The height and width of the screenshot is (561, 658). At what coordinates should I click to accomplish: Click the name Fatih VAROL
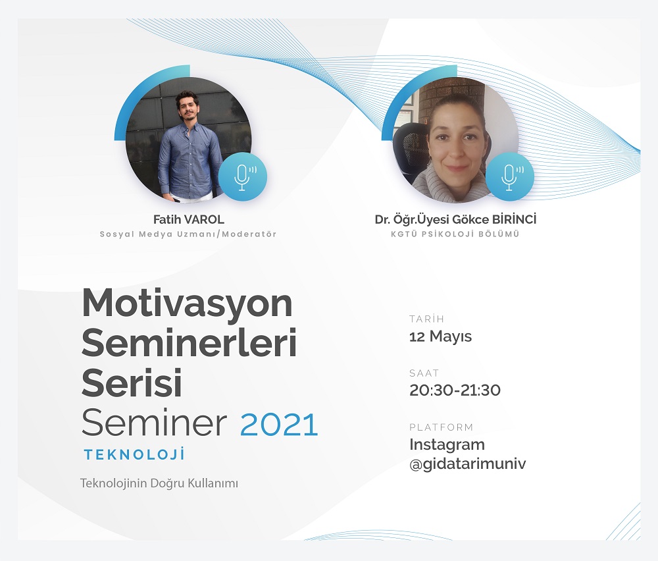(x=188, y=220)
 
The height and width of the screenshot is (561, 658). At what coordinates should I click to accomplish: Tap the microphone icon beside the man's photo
(x=243, y=176)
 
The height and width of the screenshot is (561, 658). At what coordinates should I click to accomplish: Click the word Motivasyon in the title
(x=187, y=304)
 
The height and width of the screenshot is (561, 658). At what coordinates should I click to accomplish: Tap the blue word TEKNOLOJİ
(x=134, y=454)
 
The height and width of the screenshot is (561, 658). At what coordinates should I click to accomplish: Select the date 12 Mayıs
(x=440, y=336)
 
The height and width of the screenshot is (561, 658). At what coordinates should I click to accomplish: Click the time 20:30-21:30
(x=455, y=390)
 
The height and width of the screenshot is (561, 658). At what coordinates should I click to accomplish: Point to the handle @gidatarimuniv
(x=467, y=464)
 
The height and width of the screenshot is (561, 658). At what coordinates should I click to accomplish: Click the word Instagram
(x=447, y=444)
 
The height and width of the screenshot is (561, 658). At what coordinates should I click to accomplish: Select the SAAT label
(x=424, y=373)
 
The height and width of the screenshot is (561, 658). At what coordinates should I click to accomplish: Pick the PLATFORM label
(x=441, y=427)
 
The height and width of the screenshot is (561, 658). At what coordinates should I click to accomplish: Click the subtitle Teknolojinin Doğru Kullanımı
(x=158, y=483)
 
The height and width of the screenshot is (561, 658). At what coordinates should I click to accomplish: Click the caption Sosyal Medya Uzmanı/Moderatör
(x=188, y=234)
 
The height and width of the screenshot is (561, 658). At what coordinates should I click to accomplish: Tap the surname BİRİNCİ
(x=508, y=220)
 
